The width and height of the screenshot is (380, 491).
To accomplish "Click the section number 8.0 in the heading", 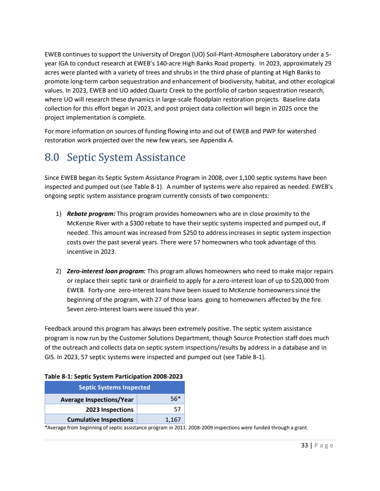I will [52, 157].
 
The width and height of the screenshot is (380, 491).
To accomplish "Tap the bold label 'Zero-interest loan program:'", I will [107, 271].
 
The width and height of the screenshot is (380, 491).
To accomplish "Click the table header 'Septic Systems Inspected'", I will [114, 387].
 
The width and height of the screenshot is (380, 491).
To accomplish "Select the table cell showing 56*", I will [175, 399].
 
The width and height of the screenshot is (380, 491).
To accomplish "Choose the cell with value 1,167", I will [172, 419].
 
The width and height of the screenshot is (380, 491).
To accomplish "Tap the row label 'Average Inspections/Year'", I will [97, 399].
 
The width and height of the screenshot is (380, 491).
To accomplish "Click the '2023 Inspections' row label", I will [109, 409].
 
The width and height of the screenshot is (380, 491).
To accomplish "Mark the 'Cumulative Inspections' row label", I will [100, 419].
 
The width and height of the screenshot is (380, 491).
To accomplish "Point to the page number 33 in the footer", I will [304, 445].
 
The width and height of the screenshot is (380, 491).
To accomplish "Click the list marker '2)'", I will [58, 271].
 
